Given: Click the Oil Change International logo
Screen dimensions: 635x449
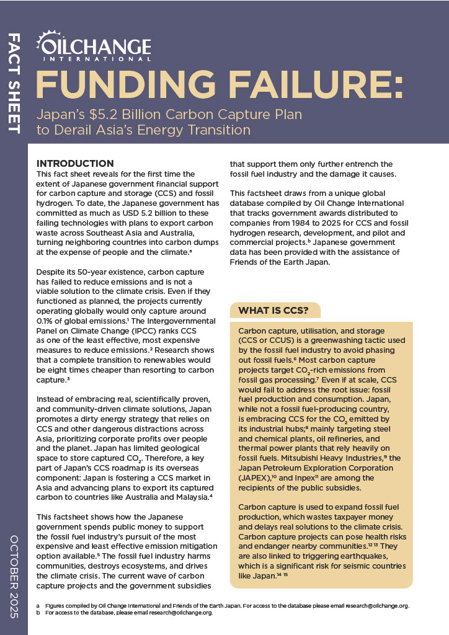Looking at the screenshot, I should coord(94,47).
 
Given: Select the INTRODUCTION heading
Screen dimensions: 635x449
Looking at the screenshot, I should coord(75,164).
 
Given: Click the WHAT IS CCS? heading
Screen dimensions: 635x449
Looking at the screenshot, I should coord(275,309).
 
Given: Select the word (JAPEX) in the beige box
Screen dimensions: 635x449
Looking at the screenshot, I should coord(255,478).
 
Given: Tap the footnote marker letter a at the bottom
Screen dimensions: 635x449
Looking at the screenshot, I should coord(38,605).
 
